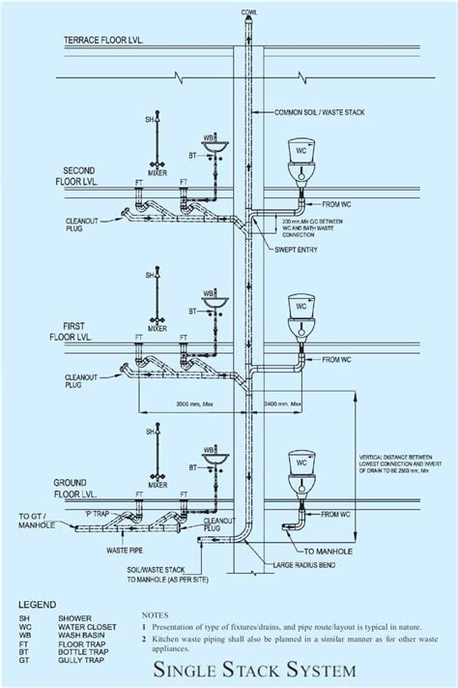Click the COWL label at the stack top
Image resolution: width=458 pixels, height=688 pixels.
249,11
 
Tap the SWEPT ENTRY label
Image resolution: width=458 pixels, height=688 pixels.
305,249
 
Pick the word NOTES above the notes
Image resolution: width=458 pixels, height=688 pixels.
157,613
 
